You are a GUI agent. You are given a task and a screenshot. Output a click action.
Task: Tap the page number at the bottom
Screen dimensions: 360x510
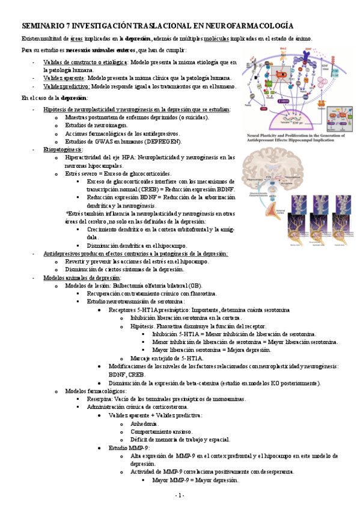click(180, 495)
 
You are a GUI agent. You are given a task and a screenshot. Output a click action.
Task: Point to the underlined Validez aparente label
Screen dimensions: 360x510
click(64, 78)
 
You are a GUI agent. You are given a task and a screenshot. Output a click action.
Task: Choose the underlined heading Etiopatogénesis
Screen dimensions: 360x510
click(63, 149)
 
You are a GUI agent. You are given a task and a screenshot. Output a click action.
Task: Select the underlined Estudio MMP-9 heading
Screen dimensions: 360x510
click(129, 448)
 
